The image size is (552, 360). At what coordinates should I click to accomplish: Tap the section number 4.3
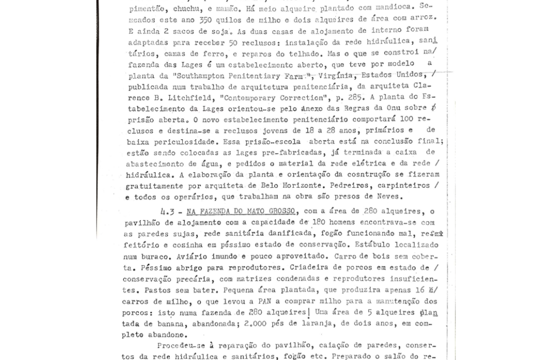[170, 211]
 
